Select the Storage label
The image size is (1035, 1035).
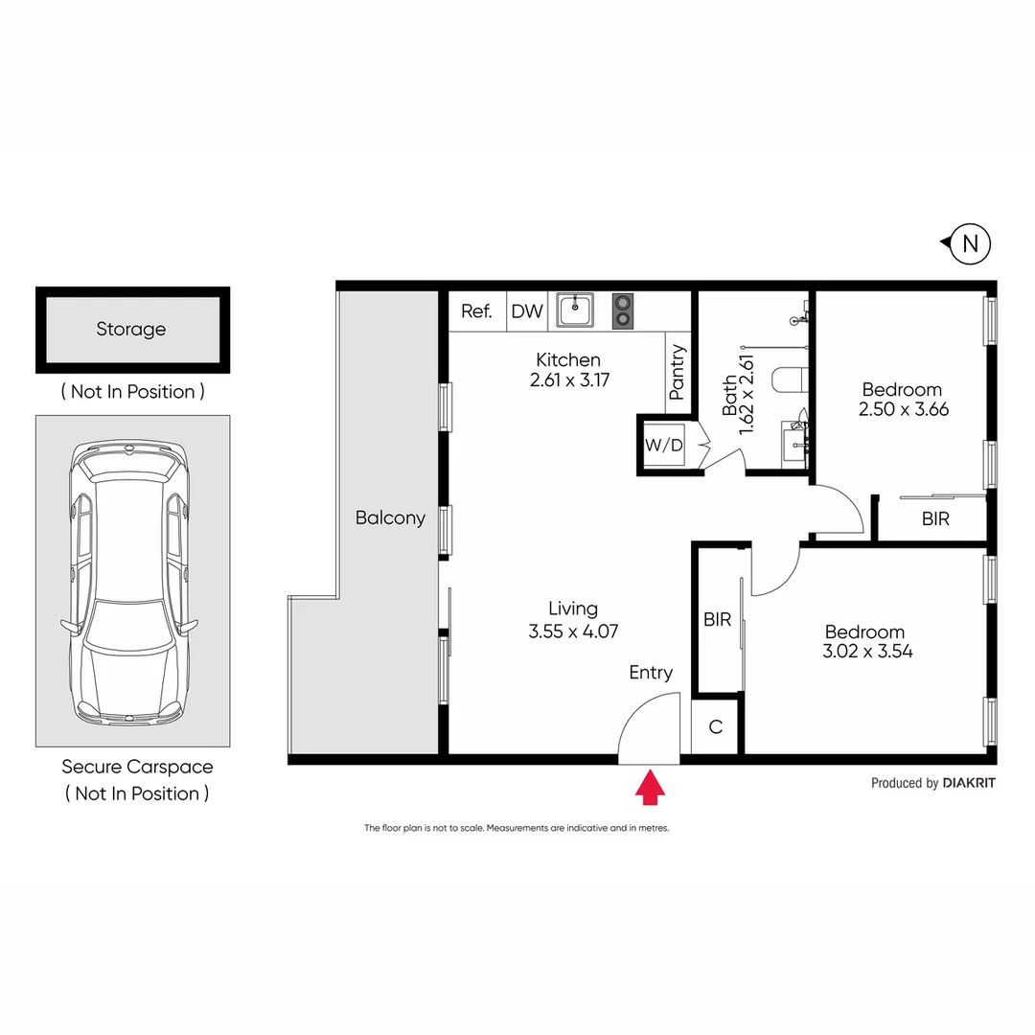(130, 329)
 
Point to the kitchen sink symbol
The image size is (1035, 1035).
(575, 310)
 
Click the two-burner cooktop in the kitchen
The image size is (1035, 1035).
(623, 310)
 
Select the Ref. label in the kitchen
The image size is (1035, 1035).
(476, 311)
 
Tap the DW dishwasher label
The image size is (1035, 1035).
(526, 311)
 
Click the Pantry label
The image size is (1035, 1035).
(678, 372)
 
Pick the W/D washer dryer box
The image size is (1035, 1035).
(663, 446)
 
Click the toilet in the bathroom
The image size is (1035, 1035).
(792, 380)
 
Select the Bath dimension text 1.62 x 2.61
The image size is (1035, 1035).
(748, 395)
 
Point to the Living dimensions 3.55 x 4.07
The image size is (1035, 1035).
(572, 632)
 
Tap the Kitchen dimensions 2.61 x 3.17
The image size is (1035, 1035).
(568, 379)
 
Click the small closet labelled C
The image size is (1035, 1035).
(715, 727)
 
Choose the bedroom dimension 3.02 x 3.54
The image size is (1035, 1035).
(864, 652)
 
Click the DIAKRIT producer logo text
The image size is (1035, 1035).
(969, 783)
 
